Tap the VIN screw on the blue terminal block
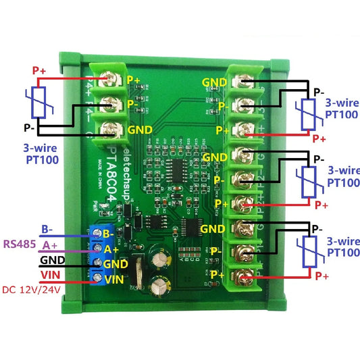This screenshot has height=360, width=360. point(99,278)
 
